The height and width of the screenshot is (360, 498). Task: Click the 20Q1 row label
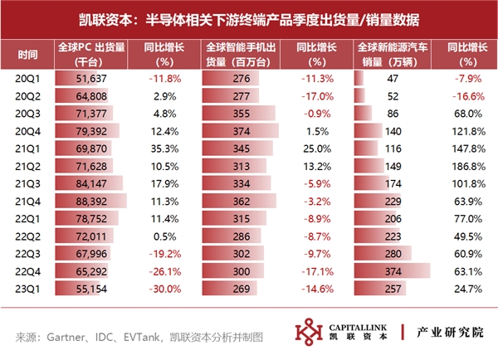[x=27, y=78]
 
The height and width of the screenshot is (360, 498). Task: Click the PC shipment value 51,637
[x=91, y=78]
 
